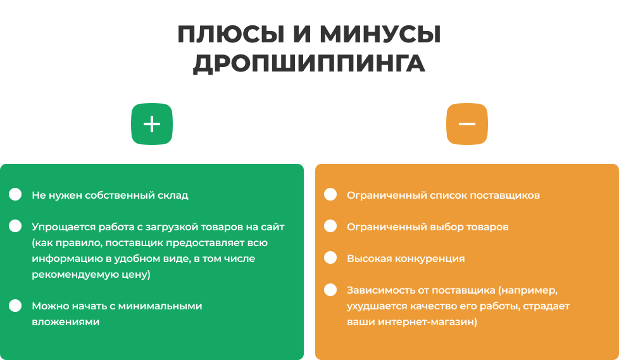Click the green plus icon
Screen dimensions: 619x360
pos(152,124)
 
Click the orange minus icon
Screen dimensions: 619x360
pos(467,124)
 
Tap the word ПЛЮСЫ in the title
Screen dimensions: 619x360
pos(231,34)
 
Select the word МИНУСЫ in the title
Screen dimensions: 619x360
pos(380,34)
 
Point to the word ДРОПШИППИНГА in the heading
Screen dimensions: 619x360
pos(309,63)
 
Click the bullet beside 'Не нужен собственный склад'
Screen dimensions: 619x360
pos(15,194)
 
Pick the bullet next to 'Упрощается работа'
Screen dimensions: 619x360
pos(15,226)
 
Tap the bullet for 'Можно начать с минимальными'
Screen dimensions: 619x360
pos(15,306)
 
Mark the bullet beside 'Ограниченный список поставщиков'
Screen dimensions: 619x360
pos(330,194)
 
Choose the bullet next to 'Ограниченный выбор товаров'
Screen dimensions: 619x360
pos(330,226)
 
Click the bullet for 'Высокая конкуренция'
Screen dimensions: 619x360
pos(330,258)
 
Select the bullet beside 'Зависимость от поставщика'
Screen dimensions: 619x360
pos(330,290)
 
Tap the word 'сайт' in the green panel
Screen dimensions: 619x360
pos(272,227)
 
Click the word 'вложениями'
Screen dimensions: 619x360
pos(66,322)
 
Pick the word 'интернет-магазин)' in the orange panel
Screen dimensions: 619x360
pos(427,322)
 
